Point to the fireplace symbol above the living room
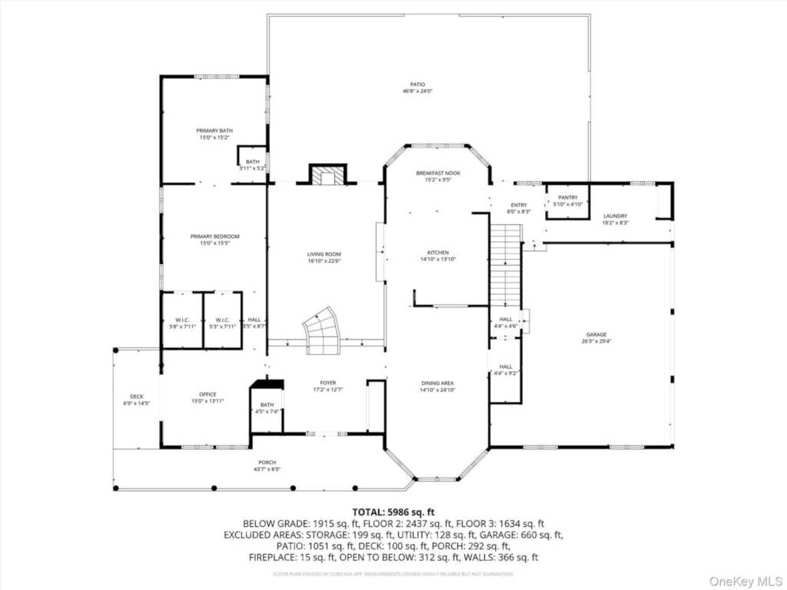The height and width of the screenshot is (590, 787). pyautogui.click(x=328, y=176)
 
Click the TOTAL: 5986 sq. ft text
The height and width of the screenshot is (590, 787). pyautogui.click(x=393, y=512)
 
